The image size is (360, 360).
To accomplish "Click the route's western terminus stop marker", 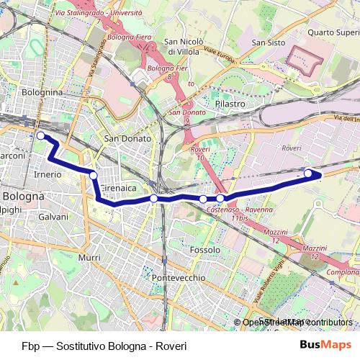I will pos(40,135).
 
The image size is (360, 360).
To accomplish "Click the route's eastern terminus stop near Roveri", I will pos(309,173).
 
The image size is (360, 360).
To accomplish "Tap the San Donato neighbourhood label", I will pos(127,138).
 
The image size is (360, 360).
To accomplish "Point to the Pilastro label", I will pos(230,104).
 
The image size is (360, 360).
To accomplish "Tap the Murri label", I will pos(89,257).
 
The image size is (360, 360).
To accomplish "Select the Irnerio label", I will pos(48,175).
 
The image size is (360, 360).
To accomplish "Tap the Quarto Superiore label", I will pos(333,32).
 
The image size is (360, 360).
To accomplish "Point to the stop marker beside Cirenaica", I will pos(93,175).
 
